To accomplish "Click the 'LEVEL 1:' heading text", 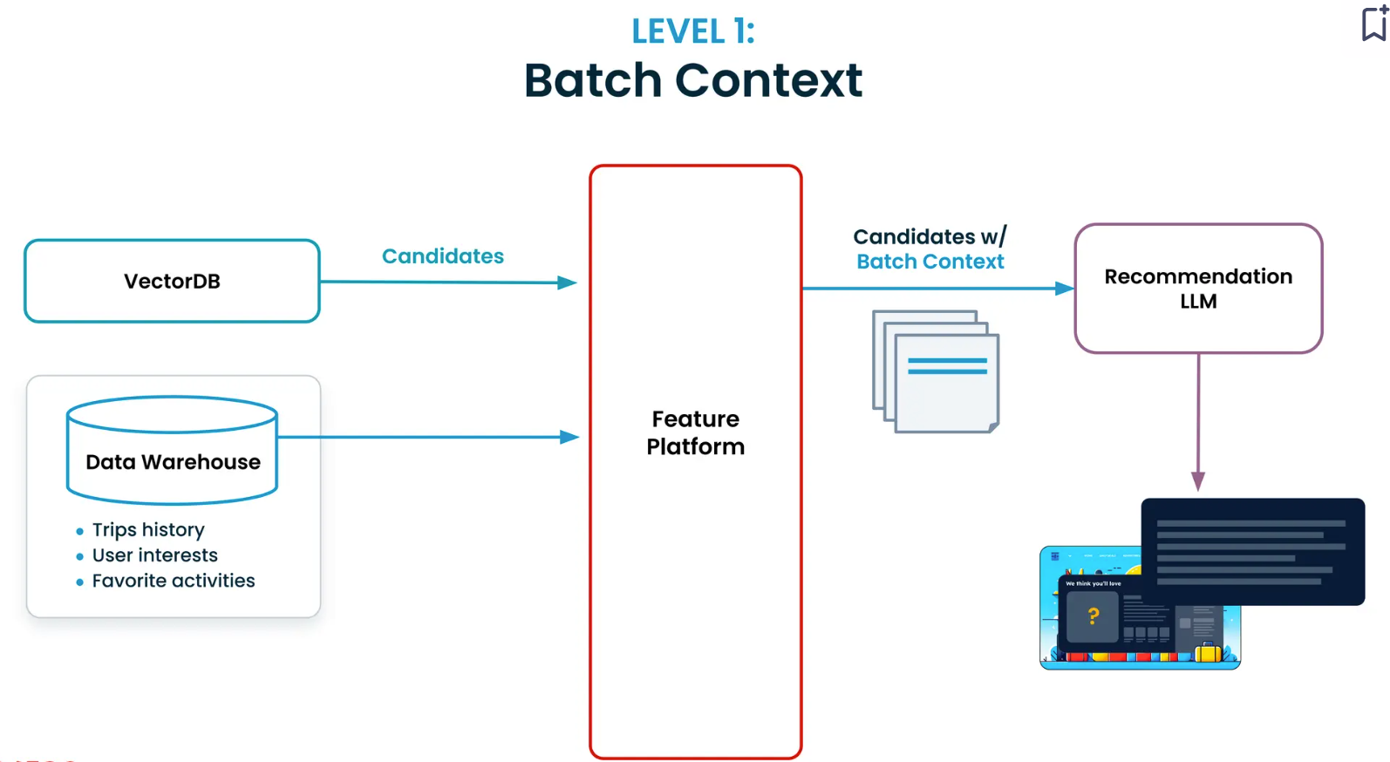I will pos(692,31).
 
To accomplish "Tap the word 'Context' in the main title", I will pos(768,80).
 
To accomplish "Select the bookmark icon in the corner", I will pos(1373,24).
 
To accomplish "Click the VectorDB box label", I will pos(172,282).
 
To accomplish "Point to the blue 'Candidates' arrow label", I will pos(442,256).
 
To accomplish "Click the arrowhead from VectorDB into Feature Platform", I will pos(567,282).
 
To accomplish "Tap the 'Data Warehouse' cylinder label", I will pos(173,462).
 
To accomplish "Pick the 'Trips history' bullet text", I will pos(148,530).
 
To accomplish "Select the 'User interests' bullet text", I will pos(154,555).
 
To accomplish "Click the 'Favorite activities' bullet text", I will pos(173,581).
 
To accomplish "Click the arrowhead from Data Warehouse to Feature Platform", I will pos(569,437).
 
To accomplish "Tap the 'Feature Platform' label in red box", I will pos(695,432).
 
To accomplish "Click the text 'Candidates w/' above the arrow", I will pos(930,237).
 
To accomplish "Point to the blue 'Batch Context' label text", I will pos(930,262).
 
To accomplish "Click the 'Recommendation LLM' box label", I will pos(1197,289).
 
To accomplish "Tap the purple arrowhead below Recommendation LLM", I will pos(1198,481).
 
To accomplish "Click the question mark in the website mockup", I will pos(1093,616).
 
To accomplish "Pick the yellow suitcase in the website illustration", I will pos(1208,651).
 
